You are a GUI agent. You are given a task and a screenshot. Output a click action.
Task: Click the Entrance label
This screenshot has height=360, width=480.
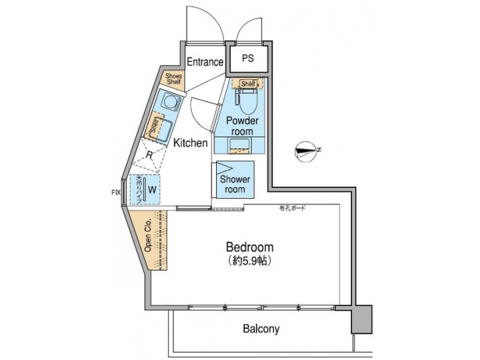(205, 62)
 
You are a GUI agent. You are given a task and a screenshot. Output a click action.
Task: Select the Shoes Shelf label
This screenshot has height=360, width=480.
(173, 79)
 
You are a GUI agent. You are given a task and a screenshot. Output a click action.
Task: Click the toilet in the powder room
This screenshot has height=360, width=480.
(246, 102)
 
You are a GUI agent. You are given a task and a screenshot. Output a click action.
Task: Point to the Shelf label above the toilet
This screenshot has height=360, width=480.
(248, 84)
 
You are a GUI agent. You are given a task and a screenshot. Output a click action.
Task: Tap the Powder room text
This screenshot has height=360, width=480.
(241, 126)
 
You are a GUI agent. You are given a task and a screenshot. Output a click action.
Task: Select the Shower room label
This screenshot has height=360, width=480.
(235, 184)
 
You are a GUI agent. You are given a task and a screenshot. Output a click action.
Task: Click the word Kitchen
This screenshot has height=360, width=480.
(191, 143)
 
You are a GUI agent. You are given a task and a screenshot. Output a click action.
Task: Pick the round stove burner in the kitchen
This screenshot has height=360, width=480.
(172, 102)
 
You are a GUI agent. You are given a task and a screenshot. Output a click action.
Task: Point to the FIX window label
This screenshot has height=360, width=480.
(115, 193)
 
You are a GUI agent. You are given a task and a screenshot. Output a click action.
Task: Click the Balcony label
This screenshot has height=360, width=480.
(261, 329)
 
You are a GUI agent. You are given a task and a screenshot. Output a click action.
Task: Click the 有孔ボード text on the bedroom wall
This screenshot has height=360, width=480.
(292, 209)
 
